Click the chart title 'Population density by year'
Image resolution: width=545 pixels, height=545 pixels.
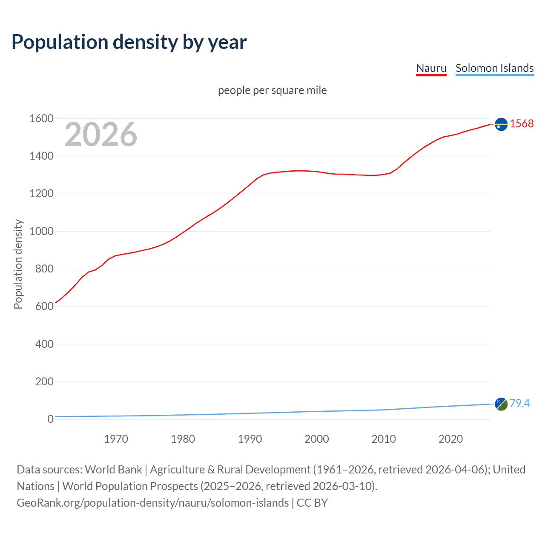pos(129,42)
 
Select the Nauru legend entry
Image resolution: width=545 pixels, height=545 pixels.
pos(431,68)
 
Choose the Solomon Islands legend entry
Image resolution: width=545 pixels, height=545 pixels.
pos(494,68)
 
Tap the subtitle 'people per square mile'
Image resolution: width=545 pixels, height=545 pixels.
pos(272,91)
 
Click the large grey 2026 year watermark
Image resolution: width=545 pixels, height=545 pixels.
pos(101,135)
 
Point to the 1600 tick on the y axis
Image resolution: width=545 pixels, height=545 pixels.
pos(41,119)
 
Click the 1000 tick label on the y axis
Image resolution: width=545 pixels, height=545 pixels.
pos(41,232)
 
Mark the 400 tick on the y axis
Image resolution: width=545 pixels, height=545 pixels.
pos(44,344)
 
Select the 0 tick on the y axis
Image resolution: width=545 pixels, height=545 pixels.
pos(50,419)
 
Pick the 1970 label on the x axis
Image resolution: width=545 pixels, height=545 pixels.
pos(116,439)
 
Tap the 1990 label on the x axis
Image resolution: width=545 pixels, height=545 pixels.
pos(250,439)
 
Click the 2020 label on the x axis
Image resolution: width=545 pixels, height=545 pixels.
pos(450,439)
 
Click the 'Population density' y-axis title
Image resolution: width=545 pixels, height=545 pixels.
pos(18,264)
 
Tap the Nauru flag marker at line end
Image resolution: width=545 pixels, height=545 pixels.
pos(501,124)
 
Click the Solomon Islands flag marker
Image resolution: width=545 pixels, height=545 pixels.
pos(501,404)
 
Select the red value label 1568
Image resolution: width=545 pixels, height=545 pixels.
pos(522,124)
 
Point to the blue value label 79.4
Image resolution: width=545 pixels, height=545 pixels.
pos(519,404)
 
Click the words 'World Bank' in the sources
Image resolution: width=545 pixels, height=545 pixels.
pos(113,470)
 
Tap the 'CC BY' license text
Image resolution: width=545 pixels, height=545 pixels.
pos(312,503)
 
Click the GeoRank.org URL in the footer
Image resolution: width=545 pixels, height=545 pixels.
pos(152,503)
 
